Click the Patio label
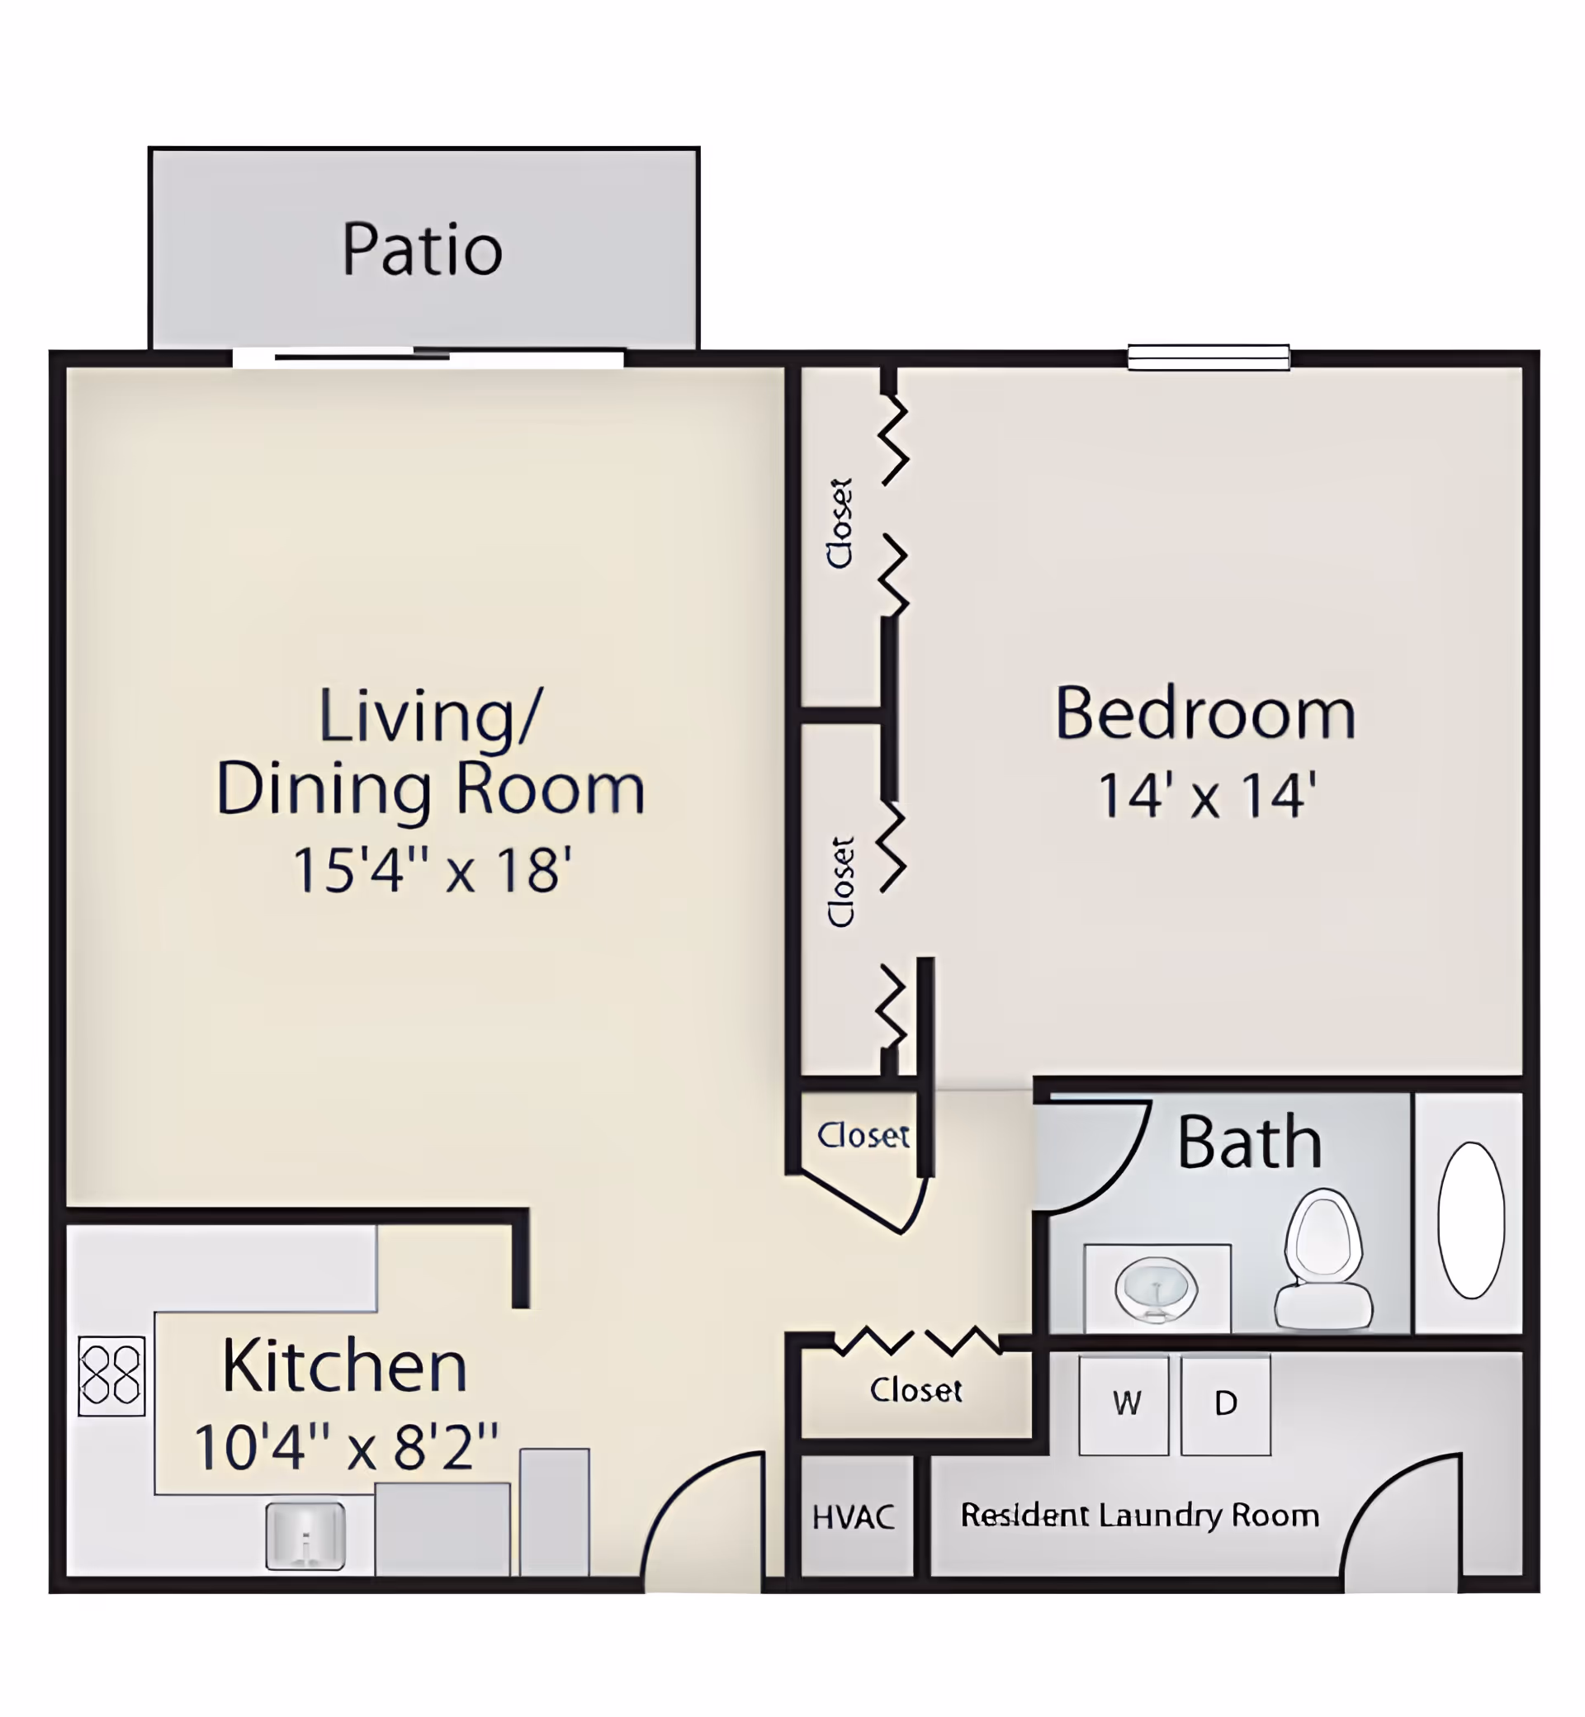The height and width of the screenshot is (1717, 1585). [422, 249]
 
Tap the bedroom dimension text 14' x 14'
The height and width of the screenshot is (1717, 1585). [1207, 795]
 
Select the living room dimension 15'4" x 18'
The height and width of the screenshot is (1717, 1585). [433, 870]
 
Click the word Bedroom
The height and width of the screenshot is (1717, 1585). [1205, 712]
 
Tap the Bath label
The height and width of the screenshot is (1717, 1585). [1250, 1142]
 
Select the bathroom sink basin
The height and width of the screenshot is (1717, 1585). [1157, 1289]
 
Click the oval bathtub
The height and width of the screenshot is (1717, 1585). [1471, 1219]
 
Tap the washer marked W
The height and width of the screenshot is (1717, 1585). [1124, 1406]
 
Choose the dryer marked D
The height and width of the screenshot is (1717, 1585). [1226, 1406]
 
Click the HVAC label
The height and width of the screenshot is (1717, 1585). [854, 1517]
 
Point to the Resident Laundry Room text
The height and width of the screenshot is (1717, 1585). [1140, 1516]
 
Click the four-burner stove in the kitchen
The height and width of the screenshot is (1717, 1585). [111, 1375]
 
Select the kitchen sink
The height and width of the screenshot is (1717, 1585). [305, 1536]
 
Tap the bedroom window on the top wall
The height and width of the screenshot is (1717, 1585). [1209, 357]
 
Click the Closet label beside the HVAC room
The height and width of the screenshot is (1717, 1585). [916, 1390]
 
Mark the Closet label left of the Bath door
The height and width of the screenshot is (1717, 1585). [863, 1135]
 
